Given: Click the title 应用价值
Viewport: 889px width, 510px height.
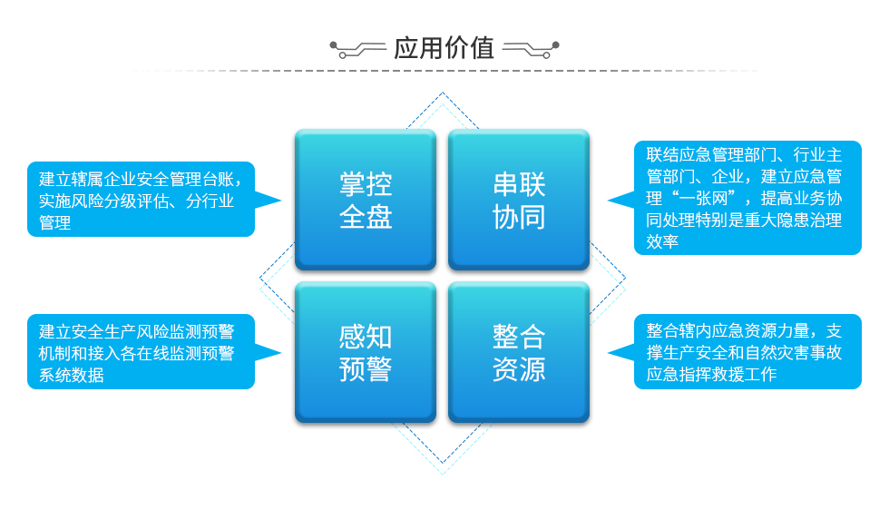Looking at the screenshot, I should (444, 48).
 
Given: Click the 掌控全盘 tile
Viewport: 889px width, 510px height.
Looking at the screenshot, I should (366, 200).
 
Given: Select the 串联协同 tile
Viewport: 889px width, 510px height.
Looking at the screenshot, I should (519, 200).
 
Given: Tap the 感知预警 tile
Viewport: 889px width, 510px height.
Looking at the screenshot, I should (366, 352).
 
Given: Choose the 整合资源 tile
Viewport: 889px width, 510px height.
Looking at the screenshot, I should (519, 352).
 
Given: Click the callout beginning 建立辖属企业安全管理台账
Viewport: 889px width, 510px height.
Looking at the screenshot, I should (141, 200).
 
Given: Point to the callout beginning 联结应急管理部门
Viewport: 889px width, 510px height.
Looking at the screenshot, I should (747, 198).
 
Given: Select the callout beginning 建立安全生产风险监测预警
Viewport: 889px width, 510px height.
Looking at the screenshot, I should (141, 352).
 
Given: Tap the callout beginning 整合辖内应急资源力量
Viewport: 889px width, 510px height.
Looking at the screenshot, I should (747, 352).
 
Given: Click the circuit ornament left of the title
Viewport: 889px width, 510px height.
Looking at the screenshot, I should (357, 49).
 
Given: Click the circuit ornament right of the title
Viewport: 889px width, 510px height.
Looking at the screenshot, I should (531, 49).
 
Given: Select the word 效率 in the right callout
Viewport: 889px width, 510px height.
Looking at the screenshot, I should (662, 241).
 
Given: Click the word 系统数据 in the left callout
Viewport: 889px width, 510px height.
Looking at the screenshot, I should (72, 375).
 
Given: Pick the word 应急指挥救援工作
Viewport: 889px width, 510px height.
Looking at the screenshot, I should (711, 374).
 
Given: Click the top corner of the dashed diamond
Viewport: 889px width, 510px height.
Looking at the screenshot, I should (443, 93).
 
